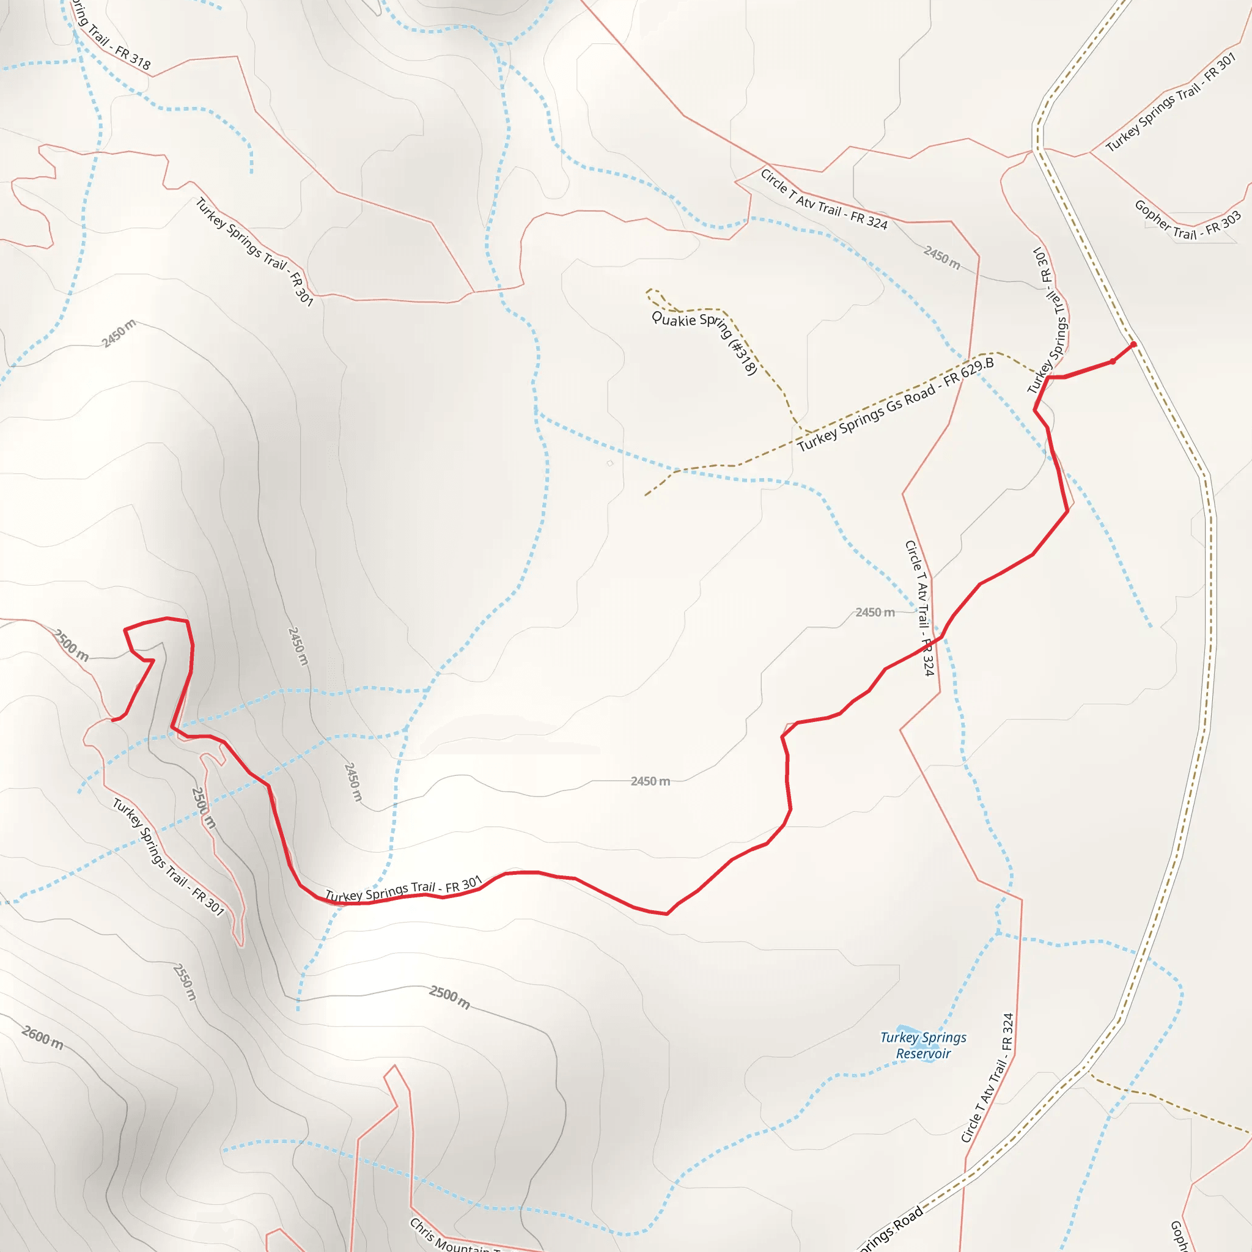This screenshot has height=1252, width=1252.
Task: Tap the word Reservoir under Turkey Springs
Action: click(x=922, y=1054)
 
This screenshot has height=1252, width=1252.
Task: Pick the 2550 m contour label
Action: click(x=185, y=982)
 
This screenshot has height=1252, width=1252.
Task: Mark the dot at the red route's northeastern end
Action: click(x=1133, y=345)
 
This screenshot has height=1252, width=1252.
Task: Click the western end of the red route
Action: click(x=114, y=720)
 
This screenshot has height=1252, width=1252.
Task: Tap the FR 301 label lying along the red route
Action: click(x=463, y=885)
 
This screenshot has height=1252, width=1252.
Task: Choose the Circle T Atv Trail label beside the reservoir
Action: click(x=988, y=1079)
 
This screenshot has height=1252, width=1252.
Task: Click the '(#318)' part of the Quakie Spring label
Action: click(x=744, y=357)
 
